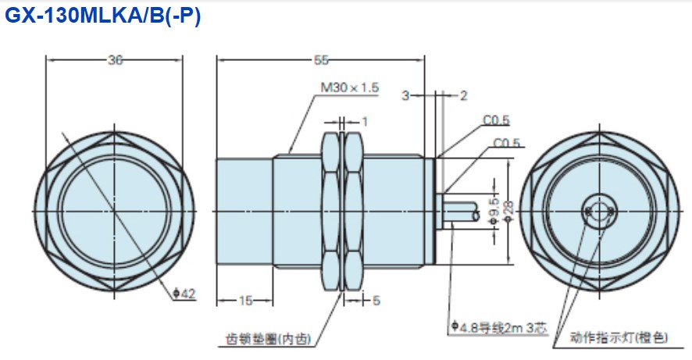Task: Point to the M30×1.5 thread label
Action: (x=349, y=88)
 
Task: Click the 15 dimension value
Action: (x=244, y=300)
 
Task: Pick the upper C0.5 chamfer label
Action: (x=496, y=119)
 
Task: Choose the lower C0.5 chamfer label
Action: (x=507, y=144)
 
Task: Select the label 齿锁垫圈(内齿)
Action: (x=267, y=339)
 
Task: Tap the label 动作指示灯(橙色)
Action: (x=619, y=337)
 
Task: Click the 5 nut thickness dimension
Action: (x=376, y=300)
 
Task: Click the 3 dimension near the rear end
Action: (x=406, y=96)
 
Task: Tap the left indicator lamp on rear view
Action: (x=586, y=210)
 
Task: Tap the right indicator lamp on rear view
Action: (x=613, y=210)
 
